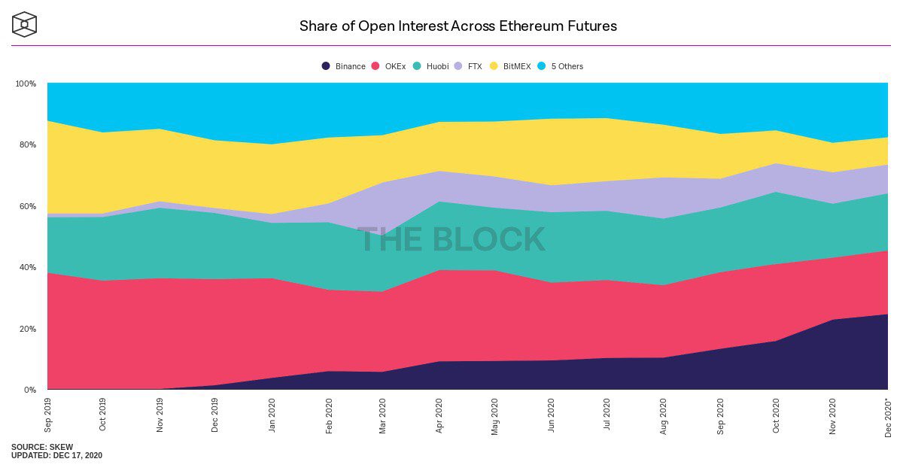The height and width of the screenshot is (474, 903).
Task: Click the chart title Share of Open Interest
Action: click(458, 26)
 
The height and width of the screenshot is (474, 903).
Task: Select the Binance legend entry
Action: click(344, 66)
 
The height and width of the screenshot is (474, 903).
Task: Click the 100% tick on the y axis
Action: click(26, 84)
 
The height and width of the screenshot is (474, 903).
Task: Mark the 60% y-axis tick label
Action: click(27, 206)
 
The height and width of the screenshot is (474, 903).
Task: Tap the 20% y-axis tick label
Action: click(27, 329)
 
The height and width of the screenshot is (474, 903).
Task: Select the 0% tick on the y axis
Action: click(29, 390)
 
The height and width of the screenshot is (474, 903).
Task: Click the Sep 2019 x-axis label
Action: click(48, 415)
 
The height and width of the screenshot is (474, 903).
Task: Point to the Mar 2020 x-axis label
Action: click(383, 415)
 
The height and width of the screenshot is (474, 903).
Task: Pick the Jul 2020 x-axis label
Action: click(607, 415)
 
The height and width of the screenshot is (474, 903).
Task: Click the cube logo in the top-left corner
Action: click(24, 24)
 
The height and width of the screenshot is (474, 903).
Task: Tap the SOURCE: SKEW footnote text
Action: click(42, 447)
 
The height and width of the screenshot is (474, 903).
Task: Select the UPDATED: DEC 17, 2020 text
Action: click(56, 456)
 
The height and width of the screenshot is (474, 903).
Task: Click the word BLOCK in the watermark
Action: click(488, 239)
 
